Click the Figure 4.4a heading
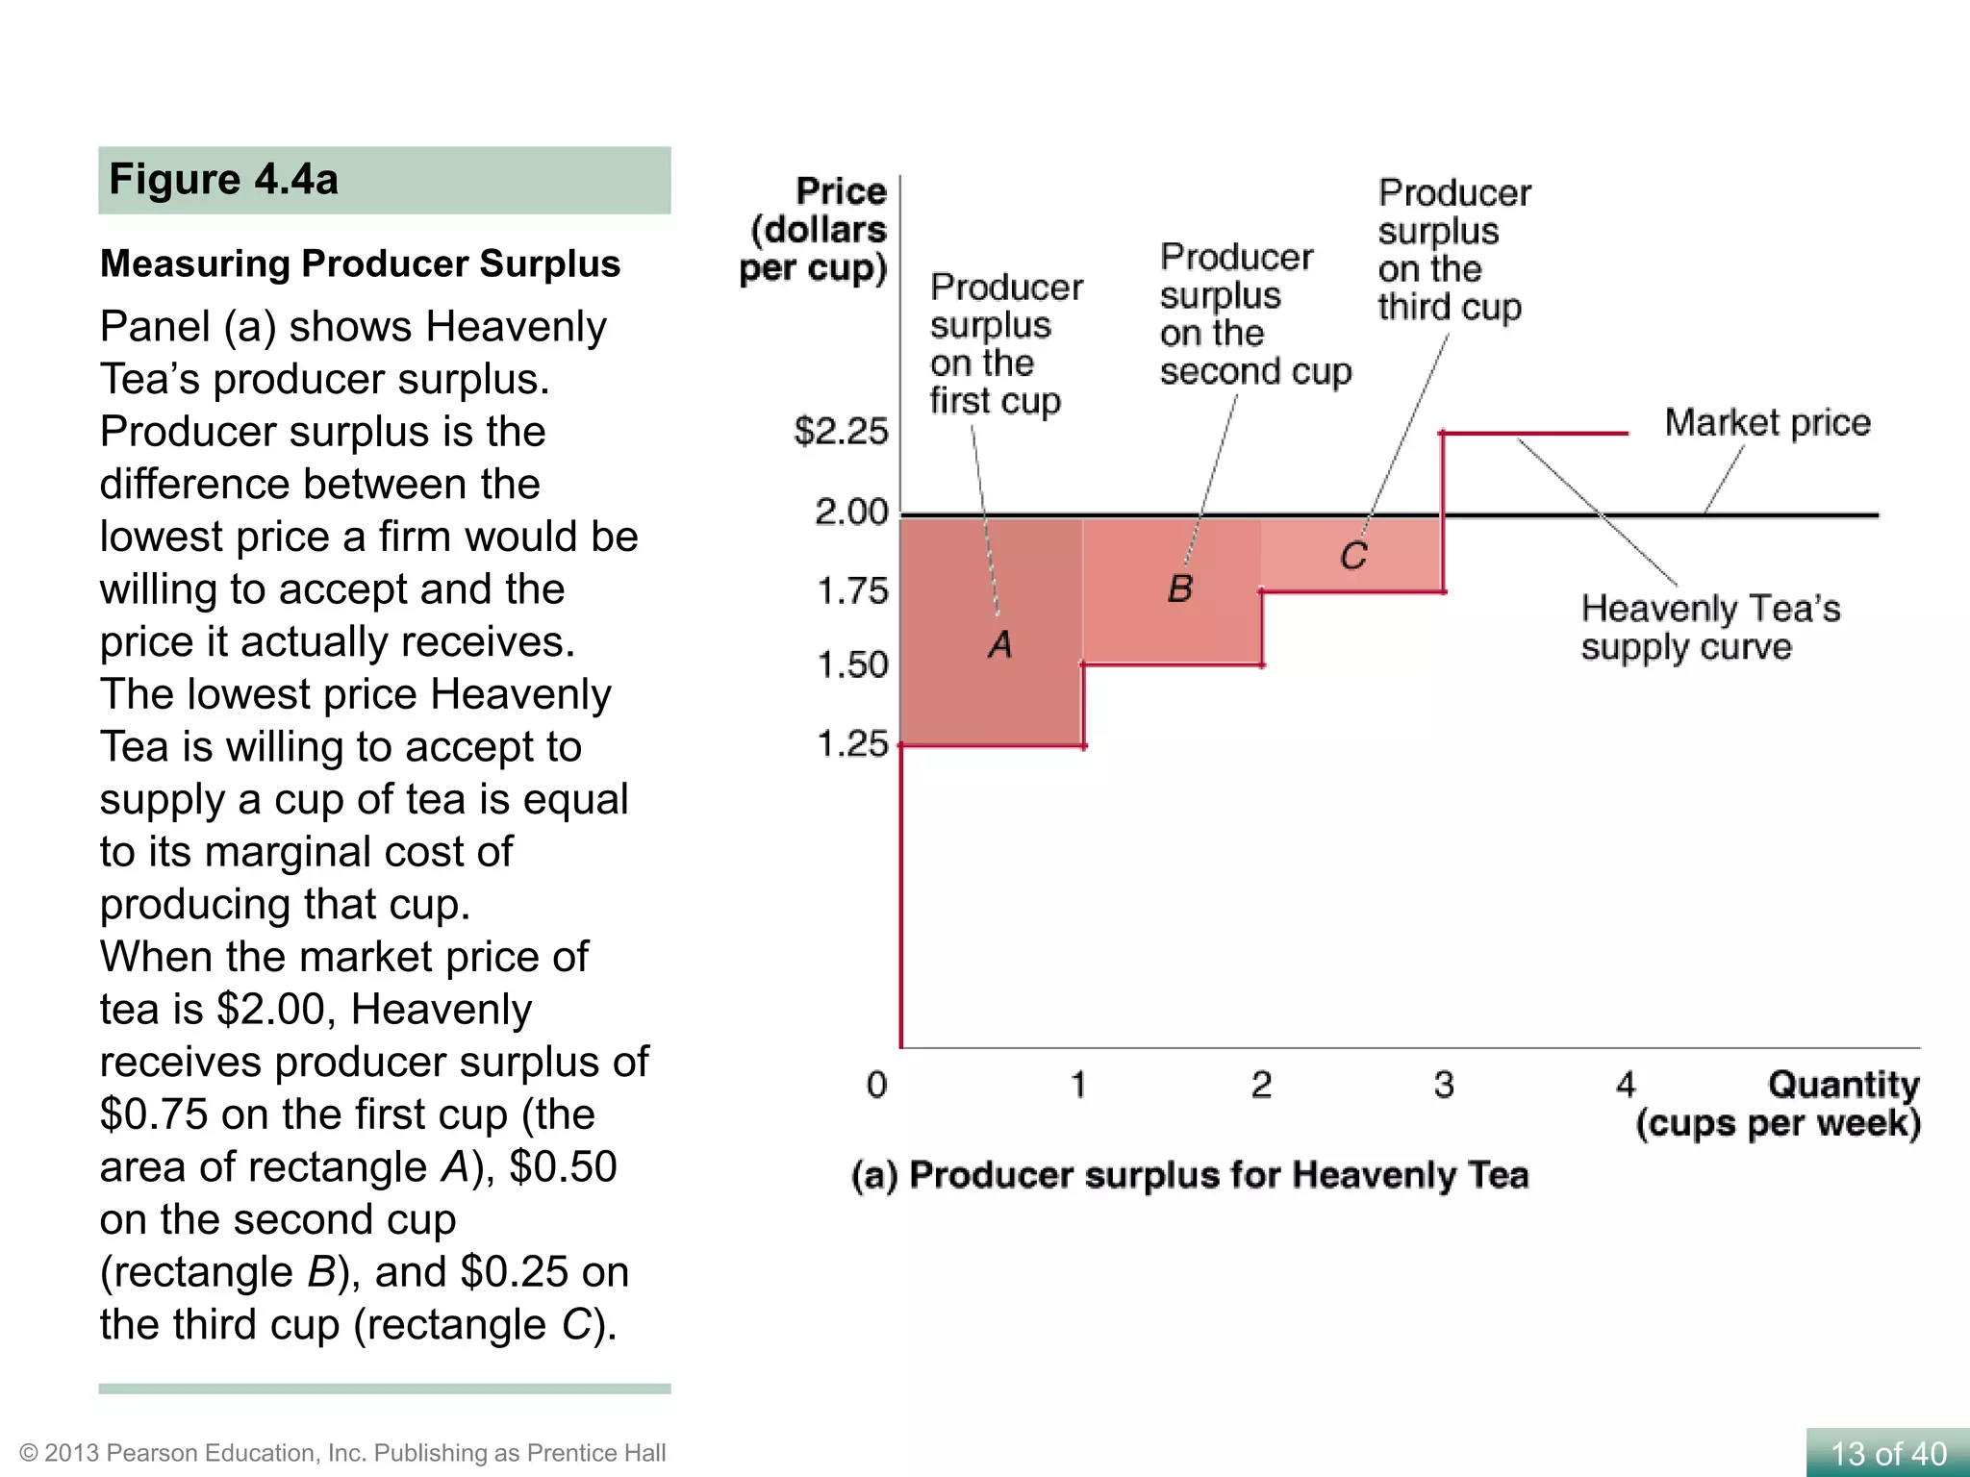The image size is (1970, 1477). [x=223, y=180]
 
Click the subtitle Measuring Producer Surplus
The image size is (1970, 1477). [x=360, y=263]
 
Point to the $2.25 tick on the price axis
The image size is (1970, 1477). [x=841, y=432]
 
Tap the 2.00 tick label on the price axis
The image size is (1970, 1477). [x=851, y=512]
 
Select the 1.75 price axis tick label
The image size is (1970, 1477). [x=851, y=590]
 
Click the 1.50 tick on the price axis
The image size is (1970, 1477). [x=851, y=664]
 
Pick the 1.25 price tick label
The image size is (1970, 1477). [x=851, y=743]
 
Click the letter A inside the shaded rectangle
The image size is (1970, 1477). [x=1000, y=644]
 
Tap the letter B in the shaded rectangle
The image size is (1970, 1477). [x=1180, y=588]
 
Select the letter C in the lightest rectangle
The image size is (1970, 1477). [x=1353, y=556]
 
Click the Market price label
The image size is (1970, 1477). [x=1767, y=423]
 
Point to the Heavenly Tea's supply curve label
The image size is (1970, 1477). [x=1709, y=627]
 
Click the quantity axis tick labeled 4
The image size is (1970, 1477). [x=1626, y=1085]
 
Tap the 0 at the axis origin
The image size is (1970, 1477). [x=876, y=1085]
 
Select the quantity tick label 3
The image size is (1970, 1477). [x=1444, y=1085]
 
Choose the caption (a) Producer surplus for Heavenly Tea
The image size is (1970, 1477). [x=1190, y=1175]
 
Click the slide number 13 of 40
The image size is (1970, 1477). [x=1887, y=1453]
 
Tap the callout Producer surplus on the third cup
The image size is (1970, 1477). [x=1452, y=250]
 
